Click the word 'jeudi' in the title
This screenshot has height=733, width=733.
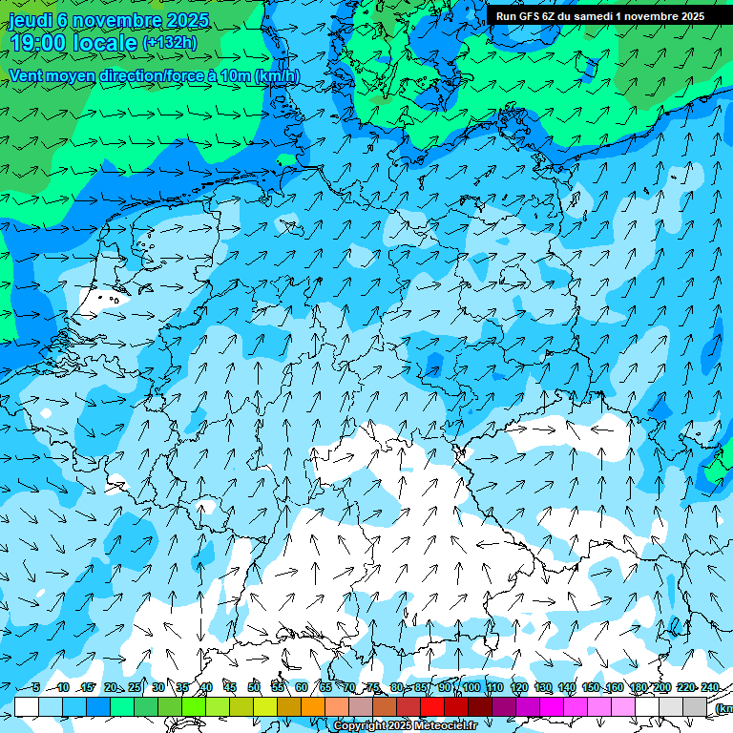30,20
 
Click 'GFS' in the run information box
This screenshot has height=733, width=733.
533,16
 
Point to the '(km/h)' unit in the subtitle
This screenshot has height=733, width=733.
277,76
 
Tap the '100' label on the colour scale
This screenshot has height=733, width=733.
471,688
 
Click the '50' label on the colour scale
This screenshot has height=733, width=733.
254,688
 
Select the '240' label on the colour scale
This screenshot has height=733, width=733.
709,688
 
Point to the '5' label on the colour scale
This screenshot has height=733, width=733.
36,688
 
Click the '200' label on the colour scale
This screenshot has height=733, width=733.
661,688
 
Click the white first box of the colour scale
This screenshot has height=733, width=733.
27,706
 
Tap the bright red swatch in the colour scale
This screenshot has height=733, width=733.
432,706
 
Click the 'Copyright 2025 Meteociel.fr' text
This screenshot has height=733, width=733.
405,726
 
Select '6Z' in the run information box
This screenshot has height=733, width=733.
557,16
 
